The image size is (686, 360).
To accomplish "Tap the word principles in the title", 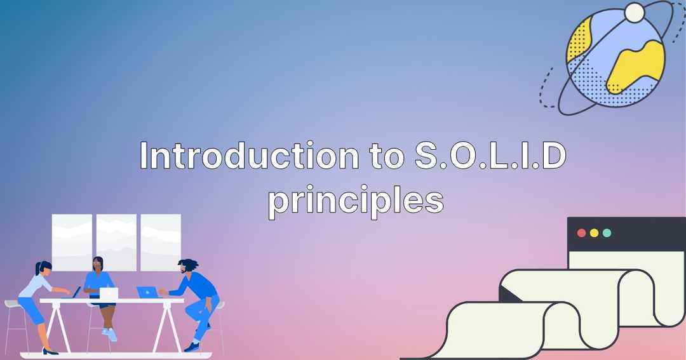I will click(354, 199).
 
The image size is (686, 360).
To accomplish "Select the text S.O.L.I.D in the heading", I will click(490, 156).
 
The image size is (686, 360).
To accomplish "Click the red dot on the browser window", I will click(581, 233).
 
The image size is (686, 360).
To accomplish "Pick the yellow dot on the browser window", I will click(594, 233).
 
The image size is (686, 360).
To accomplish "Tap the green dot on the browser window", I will click(607, 233).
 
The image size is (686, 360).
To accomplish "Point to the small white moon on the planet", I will click(634, 12).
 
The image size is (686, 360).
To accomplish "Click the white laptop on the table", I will click(109, 293).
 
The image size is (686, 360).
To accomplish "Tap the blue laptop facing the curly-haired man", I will click(147, 292).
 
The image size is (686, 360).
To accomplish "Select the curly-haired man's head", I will click(187, 266).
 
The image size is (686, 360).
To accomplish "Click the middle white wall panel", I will click(116, 242).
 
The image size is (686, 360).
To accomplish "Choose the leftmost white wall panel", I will click(72, 242).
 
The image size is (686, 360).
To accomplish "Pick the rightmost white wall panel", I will click(161, 242).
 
